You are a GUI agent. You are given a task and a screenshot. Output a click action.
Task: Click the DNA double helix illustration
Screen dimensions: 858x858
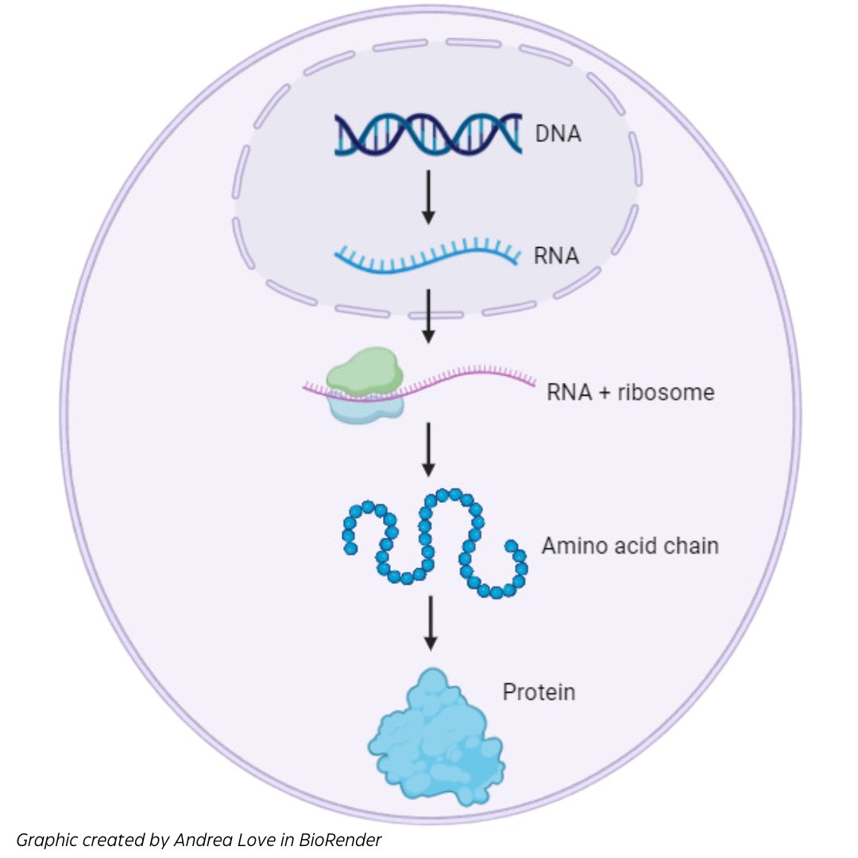(427, 133)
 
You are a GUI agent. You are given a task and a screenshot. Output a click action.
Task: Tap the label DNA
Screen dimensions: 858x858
(557, 133)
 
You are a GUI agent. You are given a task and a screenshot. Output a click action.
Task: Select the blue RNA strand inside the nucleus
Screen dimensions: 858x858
(427, 258)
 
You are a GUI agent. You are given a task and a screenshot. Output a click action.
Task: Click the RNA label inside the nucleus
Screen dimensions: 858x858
(557, 257)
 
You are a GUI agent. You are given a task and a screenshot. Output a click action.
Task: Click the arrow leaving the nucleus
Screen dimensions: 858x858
(428, 315)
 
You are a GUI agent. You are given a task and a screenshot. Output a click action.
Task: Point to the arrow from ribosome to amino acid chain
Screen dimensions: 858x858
(428, 449)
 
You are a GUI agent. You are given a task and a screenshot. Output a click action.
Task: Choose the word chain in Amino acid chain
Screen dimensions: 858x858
(690, 546)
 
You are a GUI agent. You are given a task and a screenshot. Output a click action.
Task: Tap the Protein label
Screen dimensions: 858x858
(539, 692)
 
